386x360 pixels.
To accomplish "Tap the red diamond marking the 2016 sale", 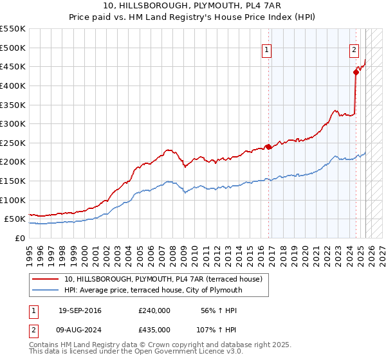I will (x=268, y=147).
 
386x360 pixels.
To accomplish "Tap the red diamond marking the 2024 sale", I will (x=355, y=72).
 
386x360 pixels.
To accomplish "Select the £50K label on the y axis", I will (x=15, y=219).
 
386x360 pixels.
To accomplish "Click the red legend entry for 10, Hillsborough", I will (x=163, y=279).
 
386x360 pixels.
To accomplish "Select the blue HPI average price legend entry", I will (x=153, y=291).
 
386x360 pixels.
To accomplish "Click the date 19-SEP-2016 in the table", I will (x=80, y=310).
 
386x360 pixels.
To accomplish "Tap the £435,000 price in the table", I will (x=154, y=329).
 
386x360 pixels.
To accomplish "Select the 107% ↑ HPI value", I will (x=217, y=329).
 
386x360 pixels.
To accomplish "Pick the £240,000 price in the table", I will (x=154, y=310).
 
